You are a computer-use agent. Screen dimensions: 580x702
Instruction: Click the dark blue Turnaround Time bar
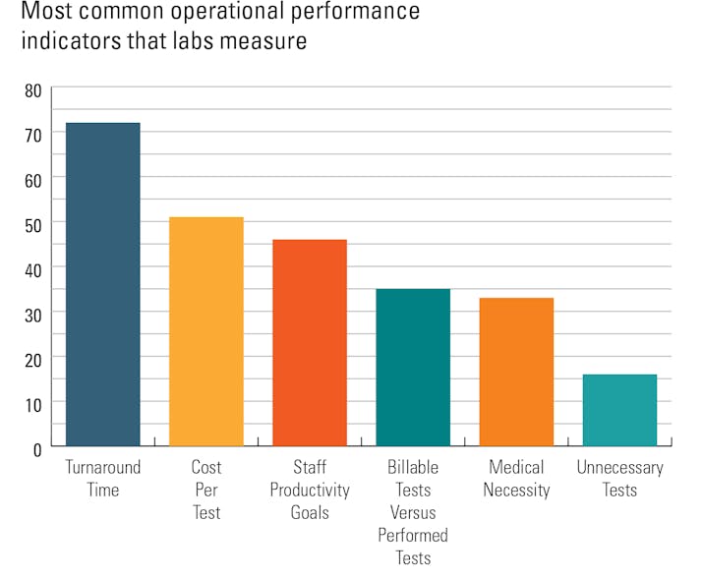click(x=102, y=285)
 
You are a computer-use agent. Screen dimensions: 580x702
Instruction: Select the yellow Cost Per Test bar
click(x=205, y=332)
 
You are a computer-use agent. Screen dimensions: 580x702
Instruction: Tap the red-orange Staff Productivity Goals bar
click(x=310, y=343)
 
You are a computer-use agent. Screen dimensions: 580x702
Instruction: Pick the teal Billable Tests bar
click(x=413, y=368)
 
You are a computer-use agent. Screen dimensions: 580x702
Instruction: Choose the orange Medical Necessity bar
click(x=516, y=373)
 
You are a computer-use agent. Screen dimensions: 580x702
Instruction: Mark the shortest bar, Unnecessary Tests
click(x=619, y=411)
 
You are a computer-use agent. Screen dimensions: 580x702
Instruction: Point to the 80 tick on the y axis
click(x=32, y=90)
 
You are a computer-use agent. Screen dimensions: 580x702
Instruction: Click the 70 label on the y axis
click(x=32, y=136)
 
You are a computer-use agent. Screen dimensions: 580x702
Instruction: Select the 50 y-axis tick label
click(x=32, y=225)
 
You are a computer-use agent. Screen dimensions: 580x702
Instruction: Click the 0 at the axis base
click(x=37, y=448)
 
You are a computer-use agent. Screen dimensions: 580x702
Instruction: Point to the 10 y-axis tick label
click(x=32, y=404)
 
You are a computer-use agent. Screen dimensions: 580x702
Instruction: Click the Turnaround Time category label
click(x=103, y=479)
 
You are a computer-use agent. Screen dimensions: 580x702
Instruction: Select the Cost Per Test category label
click(x=206, y=490)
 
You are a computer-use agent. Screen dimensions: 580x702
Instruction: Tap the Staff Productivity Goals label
click(x=310, y=490)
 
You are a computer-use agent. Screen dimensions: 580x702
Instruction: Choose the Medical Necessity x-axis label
click(x=516, y=479)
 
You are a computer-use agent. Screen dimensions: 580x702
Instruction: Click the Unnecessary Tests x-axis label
click(x=619, y=479)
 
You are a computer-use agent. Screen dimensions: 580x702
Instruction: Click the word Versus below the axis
click(x=413, y=512)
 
